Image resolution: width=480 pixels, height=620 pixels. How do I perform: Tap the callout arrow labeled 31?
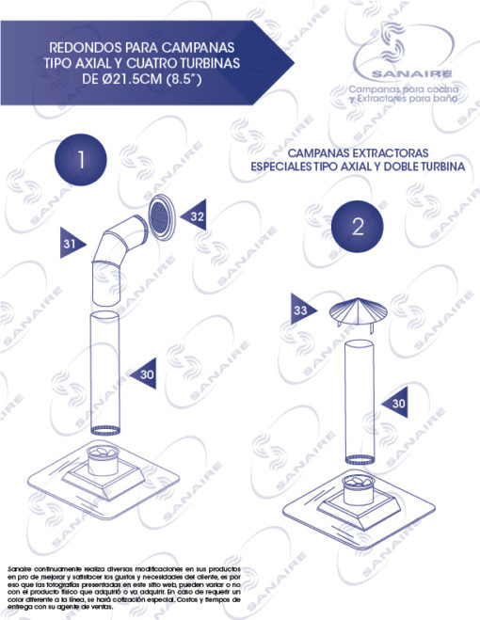point(72,243)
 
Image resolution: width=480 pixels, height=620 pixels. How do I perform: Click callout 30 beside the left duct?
point(143,374)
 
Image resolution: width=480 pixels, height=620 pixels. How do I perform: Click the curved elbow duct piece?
point(113,253)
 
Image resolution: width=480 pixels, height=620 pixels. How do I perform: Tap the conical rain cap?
point(358,312)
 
